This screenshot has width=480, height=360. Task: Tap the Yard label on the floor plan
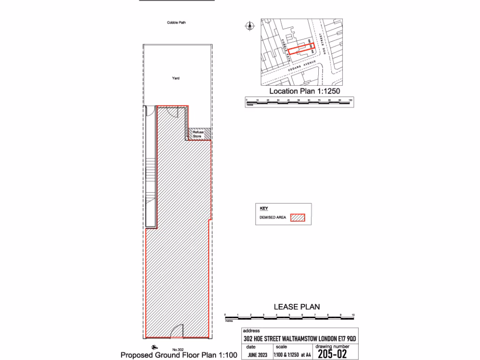pyautogui.click(x=175, y=78)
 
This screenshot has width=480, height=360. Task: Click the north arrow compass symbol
pyautogui.click(x=249, y=25)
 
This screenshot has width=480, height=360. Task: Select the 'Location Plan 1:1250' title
pyautogui.click(x=304, y=91)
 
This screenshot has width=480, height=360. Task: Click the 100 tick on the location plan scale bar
pyautogui.click(x=351, y=101)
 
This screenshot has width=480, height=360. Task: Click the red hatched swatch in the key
pyautogui.click(x=298, y=217)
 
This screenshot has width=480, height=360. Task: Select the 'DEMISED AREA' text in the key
pyautogui.click(x=273, y=217)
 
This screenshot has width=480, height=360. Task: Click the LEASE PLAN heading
pyautogui.click(x=297, y=307)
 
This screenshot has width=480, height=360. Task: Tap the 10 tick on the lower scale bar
pyautogui.click(x=353, y=315)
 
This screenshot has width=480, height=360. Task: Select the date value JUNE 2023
pyautogui.click(x=257, y=355)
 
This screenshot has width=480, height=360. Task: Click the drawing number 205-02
pyautogui.click(x=333, y=354)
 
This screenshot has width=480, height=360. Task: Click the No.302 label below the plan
pyautogui.click(x=178, y=350)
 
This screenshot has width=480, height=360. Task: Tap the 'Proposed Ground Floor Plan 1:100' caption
pyautogui.click(x=179, y=355)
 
